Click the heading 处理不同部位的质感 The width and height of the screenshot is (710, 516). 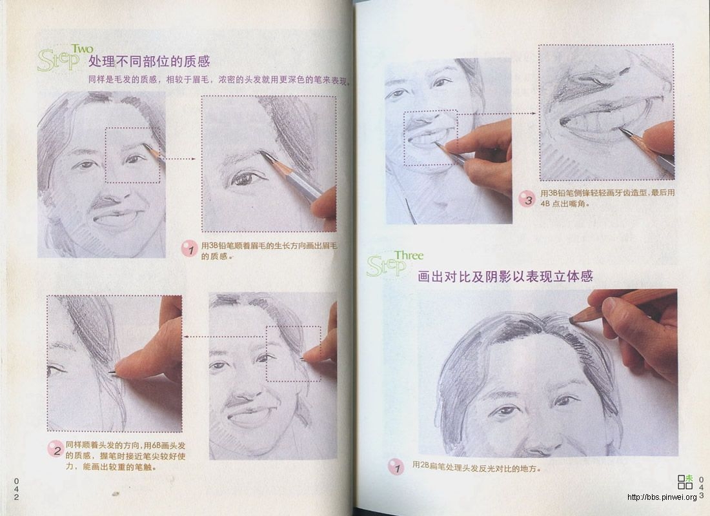click(x=149, y=62)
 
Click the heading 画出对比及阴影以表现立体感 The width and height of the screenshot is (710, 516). click(x=505, y=277)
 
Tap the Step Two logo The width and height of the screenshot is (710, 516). click(x=65, y=58)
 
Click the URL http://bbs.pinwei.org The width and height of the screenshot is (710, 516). click(x=662, y=497)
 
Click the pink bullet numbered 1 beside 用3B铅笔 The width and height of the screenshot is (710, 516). click(x=188, y=250)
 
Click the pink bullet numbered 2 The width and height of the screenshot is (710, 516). click(x=55, y=450)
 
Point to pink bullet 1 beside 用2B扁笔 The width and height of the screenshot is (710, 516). click(x=396, y=467)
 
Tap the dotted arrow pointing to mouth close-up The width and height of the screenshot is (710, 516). click(x=497, y=114)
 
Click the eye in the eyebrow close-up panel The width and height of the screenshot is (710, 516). click(x=245, y=179)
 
